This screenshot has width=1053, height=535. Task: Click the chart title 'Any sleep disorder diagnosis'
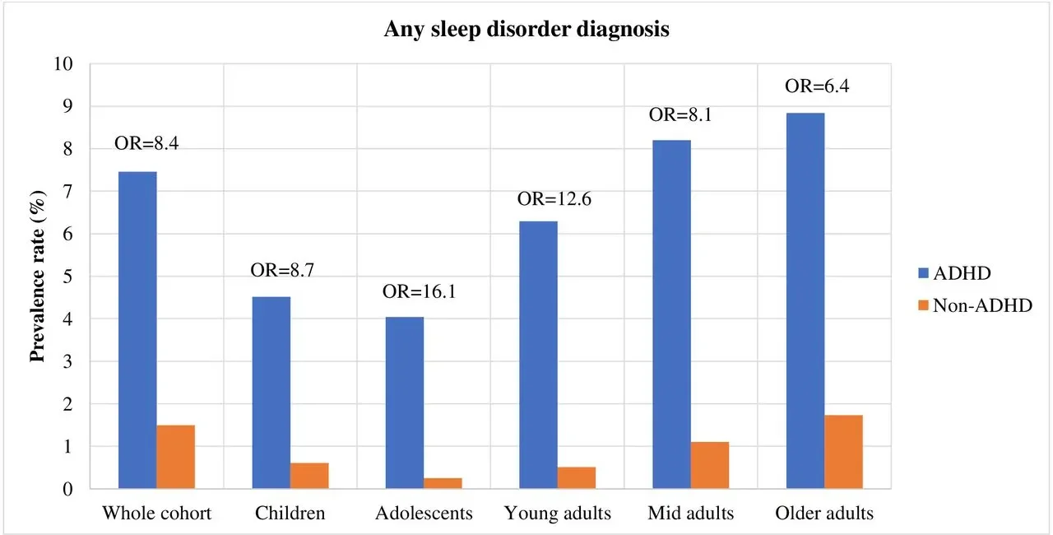pos(526,30)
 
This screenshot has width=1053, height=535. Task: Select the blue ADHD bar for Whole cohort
pos(137,330)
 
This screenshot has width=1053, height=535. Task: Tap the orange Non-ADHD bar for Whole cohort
pos(176,457)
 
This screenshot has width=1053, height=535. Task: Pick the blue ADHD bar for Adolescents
pos(405,402)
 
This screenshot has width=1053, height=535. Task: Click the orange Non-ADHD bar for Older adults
pos(843,452)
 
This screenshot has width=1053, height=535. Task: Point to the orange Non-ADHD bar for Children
pos(309,476)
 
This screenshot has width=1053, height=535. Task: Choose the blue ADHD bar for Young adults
pos(538,355)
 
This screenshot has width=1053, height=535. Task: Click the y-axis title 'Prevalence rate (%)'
pos(37,276)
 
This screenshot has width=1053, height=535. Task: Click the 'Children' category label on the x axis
pos(290,514)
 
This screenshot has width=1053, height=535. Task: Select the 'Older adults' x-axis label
pos(824,514)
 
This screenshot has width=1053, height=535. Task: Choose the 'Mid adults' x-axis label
pos(690,514)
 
